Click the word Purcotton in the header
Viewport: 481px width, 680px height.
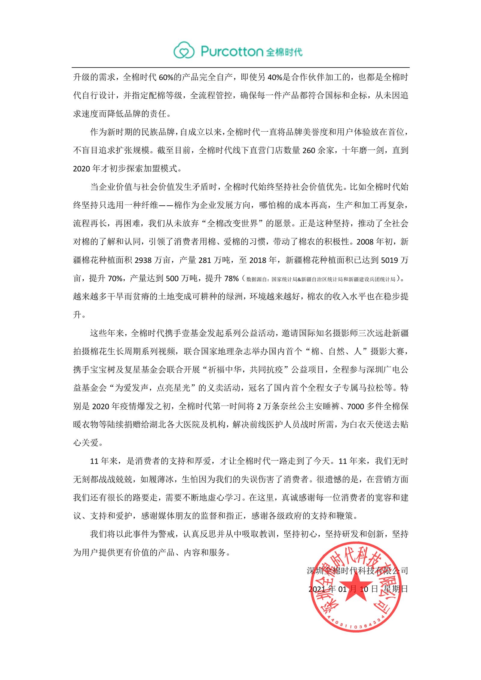click(x=231, y=51)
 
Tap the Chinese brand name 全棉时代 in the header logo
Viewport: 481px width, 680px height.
click(x=284, y=52)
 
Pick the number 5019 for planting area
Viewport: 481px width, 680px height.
click(x=390, y=260)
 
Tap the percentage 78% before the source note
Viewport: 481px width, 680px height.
click(x=231, y=278)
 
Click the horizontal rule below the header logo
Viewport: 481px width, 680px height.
click(x=240, y=67)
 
